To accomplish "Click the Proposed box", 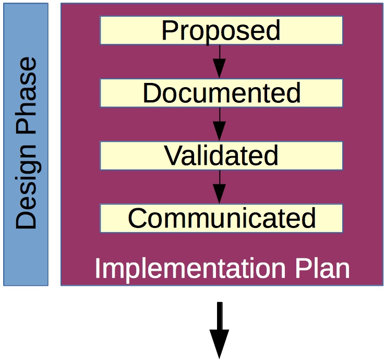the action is coord(221,30).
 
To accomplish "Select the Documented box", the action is coord(221,93).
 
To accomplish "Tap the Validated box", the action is coord(221,155).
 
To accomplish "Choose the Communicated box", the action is coord(221,218).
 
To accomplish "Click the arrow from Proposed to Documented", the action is coord(219,62).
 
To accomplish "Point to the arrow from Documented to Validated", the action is coord(219,124).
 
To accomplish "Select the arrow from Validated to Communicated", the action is coord(219,187).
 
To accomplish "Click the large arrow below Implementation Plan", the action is coord(219,330).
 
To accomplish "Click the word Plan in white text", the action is coord(322,268).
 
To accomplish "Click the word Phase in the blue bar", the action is coord(26,96).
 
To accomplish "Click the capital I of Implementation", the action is coord(97,268).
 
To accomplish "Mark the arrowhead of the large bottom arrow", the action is coord(219,344).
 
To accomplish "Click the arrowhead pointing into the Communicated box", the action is coord(219,194).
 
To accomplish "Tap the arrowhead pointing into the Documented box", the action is coord(219,69).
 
